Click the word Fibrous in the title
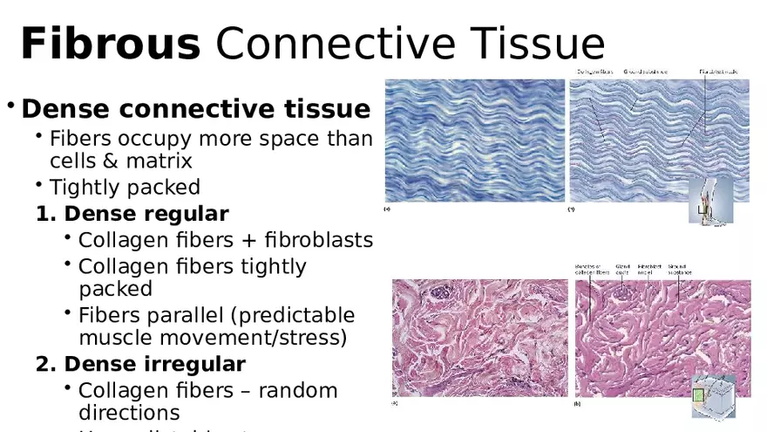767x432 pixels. (110, 44)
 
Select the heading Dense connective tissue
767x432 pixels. (195, 109)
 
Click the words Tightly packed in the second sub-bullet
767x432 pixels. (125, 187)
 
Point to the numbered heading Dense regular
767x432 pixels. (146, 214)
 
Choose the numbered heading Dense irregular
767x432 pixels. (154, 363)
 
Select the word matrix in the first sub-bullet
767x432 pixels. (162, 161)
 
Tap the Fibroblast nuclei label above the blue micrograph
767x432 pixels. (723, 71)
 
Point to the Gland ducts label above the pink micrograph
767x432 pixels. (622, 269)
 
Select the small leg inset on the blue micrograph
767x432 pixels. (710, 202)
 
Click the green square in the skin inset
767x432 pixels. (698, 395)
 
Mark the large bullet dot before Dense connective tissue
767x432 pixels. (11, 106)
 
